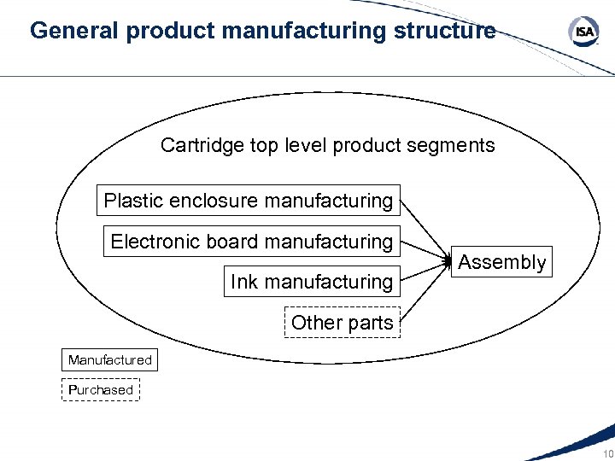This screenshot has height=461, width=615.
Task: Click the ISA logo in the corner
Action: coord(583,33)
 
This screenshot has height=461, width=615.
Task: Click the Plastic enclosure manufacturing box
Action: coord(248,201)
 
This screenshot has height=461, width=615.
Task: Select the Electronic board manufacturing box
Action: coord(251,242)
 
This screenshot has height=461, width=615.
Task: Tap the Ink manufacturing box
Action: coord(311,282)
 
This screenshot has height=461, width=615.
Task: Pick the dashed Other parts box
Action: coord(342,323)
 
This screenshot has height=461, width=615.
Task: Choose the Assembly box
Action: coord(501,262)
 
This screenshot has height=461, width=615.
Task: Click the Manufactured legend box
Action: coord(109,360)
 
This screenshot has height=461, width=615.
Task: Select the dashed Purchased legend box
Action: coord(101,390)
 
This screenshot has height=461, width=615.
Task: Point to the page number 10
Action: coord(607,452)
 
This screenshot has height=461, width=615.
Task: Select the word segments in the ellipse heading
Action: coord(454,146)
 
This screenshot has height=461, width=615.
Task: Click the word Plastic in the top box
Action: coord(132,201)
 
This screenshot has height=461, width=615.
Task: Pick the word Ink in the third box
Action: coord(243,282)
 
